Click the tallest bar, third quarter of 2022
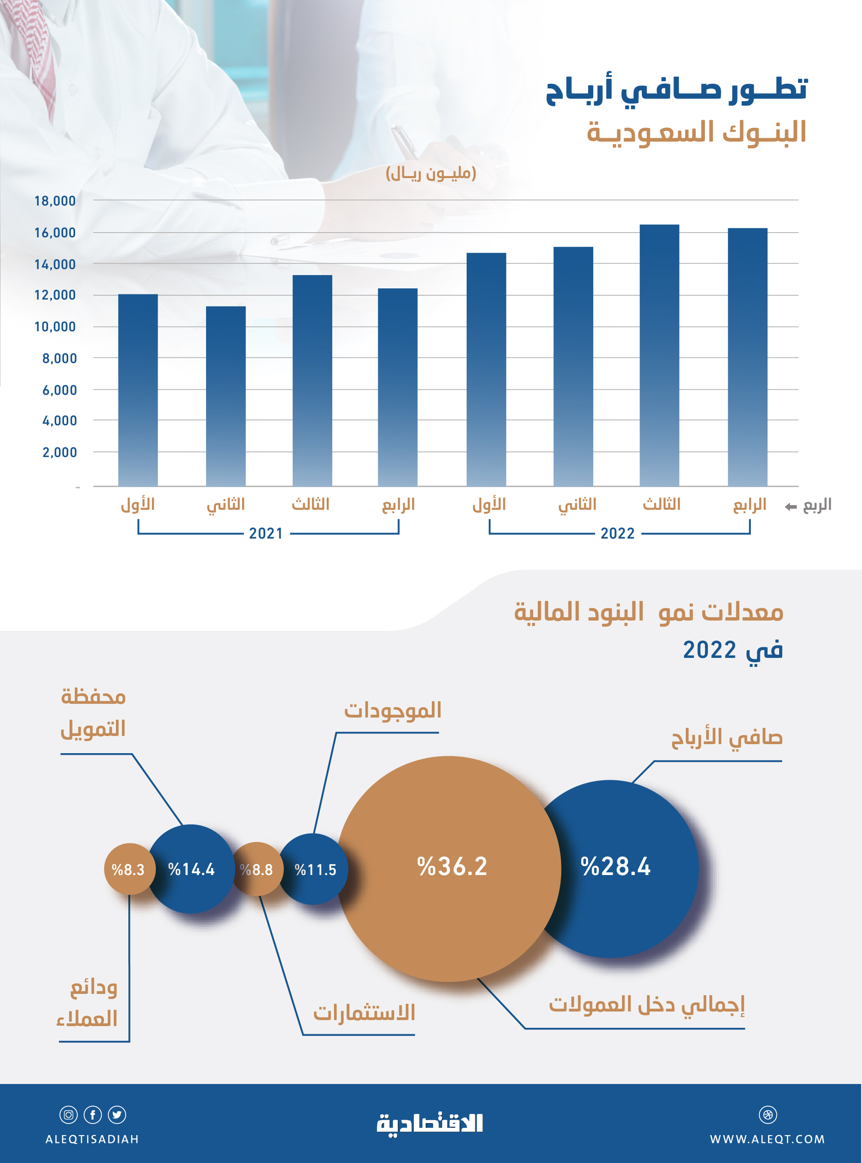pos(659,354)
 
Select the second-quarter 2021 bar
pos(225,397)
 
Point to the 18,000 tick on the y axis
pos(55,201)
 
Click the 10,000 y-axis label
pos(55,327)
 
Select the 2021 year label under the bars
pos(266,533)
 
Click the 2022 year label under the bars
pos(617,533)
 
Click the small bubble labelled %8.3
pos(128,869)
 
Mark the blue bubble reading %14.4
pos(191,869)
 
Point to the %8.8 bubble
pos(256,869)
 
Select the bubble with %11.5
pos(315,869)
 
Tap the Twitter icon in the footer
pos(117,1115)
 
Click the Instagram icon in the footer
pos(68,1115)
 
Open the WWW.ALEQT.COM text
pos(767,1139)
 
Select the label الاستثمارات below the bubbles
pos(364,1012)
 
